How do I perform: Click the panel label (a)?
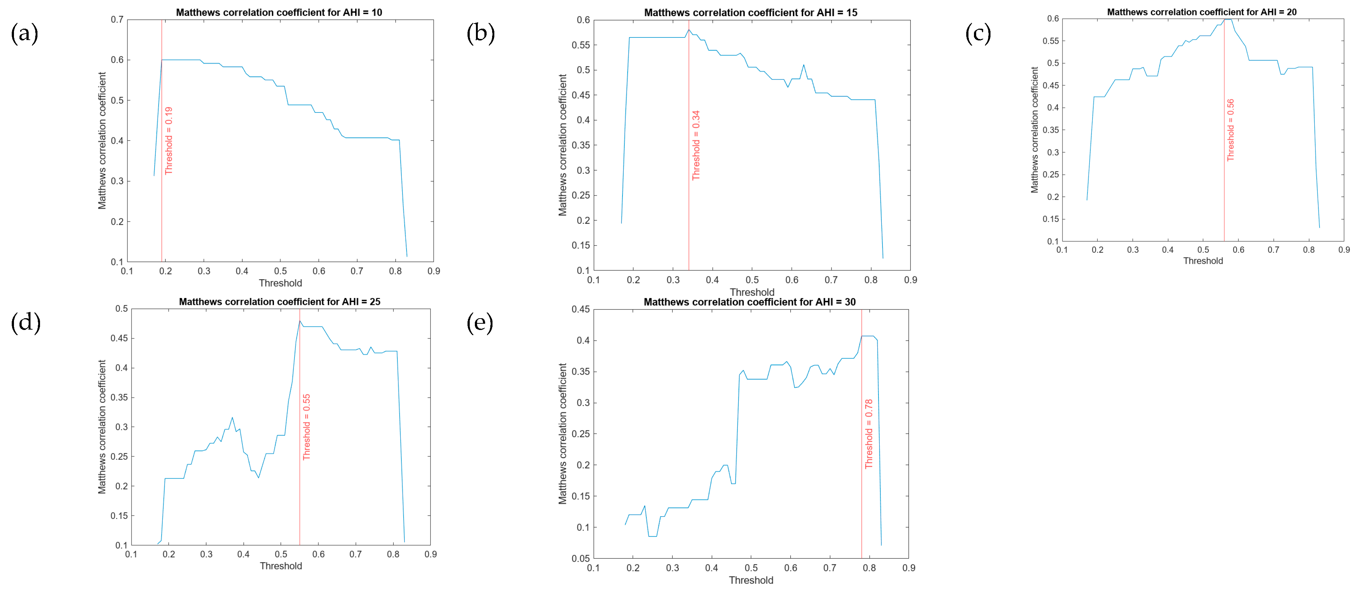[x=24, y=34]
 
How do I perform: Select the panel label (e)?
[x=479, y=323]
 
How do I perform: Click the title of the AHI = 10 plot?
[x=279, y=12]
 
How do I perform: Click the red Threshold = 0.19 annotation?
[x=169, y=141]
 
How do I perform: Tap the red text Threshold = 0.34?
[x=696, y=146]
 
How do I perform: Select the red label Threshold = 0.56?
[x=1231, y=130]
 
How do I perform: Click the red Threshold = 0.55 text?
[x=307, y=427]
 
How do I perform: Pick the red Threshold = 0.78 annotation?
[x=869, y=434]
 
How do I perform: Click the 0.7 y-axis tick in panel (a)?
[x=117, y=19]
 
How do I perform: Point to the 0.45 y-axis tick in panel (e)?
[x=581, y=309]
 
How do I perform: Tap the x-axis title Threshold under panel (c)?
[x=1203, y=261]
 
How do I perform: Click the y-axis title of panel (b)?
[x=563, y=145]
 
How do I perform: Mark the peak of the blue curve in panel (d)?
[x=300, y=321]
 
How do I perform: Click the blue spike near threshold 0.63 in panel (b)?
[x=803, y=65]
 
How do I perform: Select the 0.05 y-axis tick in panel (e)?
[x=581, y=558]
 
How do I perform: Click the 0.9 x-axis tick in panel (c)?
[x=1344, y=250]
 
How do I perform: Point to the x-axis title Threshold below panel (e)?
[x=751, y=580]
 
